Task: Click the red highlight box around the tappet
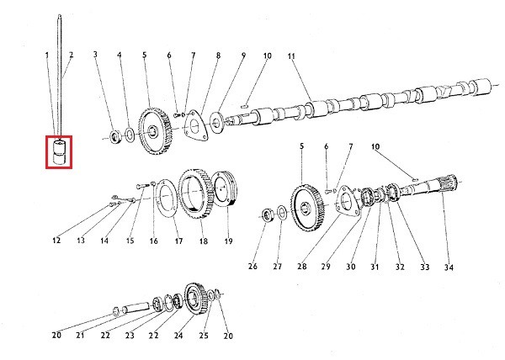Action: tap(59, 152)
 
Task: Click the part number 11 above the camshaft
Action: tap(291, 56)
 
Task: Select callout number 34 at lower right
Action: tap(449, 267)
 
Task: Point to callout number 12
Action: tap(56, 241)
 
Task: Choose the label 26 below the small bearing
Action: tap(252, 267)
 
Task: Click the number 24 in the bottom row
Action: tap(178, 336)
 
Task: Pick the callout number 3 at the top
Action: tap(95, 56)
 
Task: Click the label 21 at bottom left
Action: tap(82, 336)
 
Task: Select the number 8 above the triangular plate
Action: tap(217, 56)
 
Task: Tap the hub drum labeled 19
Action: tap(226, 191)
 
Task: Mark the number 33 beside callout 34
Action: tap(425, 267)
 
